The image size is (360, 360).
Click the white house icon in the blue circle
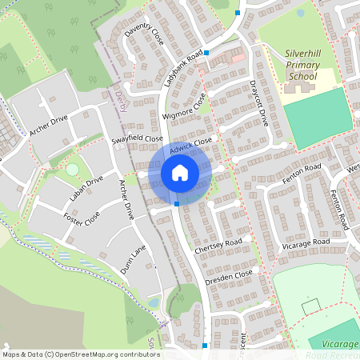pyautogui.click(x=179, y=172)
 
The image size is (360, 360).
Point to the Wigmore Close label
pyautogui.click(x=185, y=109)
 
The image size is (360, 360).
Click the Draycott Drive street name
pyautogui.click(x=260, y=102)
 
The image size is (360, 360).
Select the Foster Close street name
pyautogui.click(x=82, y=218)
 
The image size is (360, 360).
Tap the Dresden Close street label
pyautogui.click(x=228, y=277)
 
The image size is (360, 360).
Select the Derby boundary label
pyautogui.click(x=122, y=100)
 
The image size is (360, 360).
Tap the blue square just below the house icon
pyautogui.click(x=176, y=205)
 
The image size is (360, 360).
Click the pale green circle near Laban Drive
pyautogui.click(x=73, y=170)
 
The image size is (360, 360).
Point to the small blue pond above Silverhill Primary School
pyautogui.click(x=300, y=13)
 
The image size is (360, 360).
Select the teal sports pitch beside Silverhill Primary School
pyautogui.click(x=318, y=118)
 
